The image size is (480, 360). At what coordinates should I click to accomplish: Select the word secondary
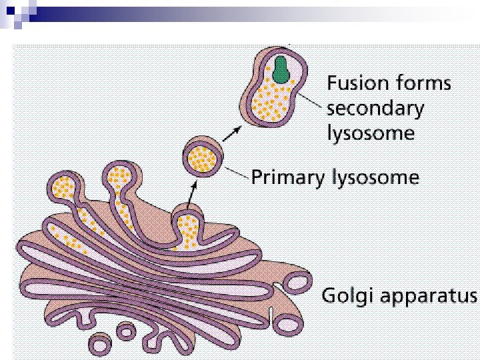pos(375,108)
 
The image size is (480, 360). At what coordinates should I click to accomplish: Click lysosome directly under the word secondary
pos(370,133)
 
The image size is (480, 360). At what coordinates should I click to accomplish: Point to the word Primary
pos(286,178)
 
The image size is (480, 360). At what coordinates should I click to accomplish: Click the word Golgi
pos(346,295)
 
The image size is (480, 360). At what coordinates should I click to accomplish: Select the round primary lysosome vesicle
pos(201,157)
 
